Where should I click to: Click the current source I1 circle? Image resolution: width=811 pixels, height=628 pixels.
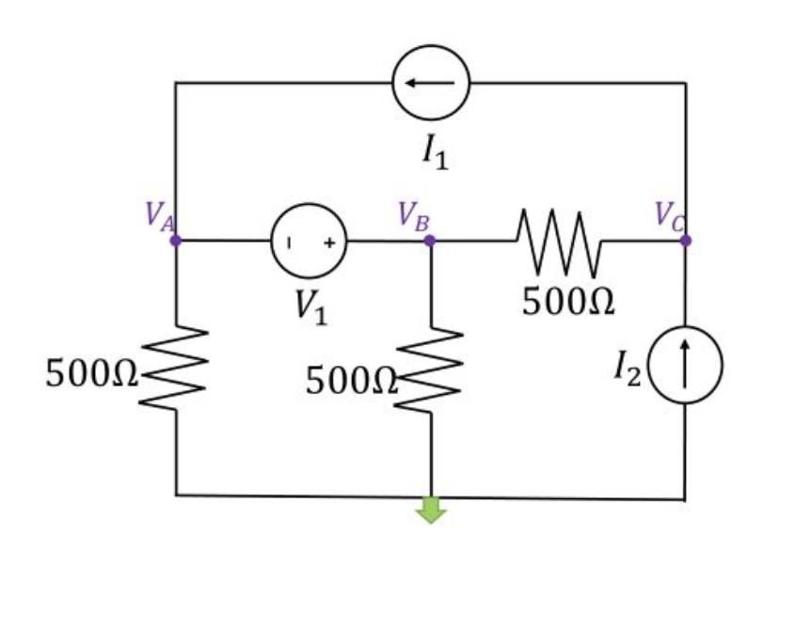point(431,83)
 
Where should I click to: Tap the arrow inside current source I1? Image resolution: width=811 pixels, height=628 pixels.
point(431,83)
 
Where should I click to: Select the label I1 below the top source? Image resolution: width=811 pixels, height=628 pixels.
point(435,153)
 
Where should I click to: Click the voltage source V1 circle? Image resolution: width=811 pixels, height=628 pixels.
point(310,242)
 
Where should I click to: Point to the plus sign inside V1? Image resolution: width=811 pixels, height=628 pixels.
point(330,243)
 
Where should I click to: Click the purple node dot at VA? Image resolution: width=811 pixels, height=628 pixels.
point(175,241)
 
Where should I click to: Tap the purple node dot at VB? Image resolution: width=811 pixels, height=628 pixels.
point(430,241)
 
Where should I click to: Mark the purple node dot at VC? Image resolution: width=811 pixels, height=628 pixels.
point(686,241)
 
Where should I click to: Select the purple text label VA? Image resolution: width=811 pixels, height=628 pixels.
point(159,216)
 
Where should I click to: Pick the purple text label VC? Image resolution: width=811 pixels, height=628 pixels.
point(670,216)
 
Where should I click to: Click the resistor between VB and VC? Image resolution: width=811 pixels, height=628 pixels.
point(557,241)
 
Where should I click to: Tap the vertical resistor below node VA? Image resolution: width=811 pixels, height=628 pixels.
point(175,369)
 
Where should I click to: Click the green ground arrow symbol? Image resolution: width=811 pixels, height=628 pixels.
point(431,510)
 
